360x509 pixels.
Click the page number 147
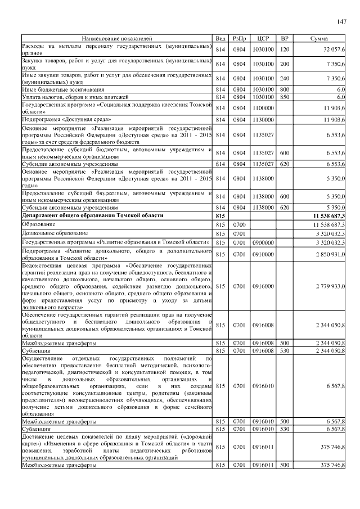[340, 22]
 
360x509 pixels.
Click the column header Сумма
[319, 38]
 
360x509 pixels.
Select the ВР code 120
[284, 49]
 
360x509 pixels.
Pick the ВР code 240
[284, 78]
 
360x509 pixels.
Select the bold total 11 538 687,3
[325, 216]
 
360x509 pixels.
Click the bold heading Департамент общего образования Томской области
[92, 216]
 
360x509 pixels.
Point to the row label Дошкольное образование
[55, 233]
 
